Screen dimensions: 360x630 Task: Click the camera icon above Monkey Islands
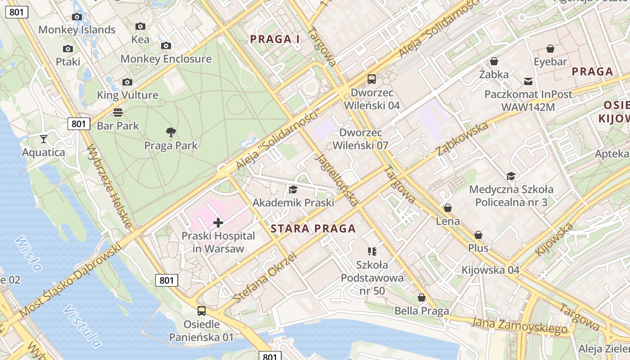77,17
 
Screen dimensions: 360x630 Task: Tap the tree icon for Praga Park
171,132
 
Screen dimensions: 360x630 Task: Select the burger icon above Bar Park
118,112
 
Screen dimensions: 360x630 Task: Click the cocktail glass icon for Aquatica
43,139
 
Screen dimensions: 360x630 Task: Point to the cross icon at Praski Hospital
218,222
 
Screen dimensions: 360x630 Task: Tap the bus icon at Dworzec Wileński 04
372,79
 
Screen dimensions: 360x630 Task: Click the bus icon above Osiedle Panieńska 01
202,310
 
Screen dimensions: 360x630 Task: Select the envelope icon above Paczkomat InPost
528,81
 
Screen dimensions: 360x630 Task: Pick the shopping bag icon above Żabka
494,61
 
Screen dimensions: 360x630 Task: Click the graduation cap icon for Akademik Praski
293,189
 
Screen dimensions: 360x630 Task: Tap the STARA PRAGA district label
313,229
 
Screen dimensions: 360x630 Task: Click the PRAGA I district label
275,39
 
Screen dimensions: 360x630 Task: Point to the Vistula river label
82,326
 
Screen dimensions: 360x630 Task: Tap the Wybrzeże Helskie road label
109,186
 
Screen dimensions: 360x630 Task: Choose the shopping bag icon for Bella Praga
422,297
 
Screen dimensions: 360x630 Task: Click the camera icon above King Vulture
127,82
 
